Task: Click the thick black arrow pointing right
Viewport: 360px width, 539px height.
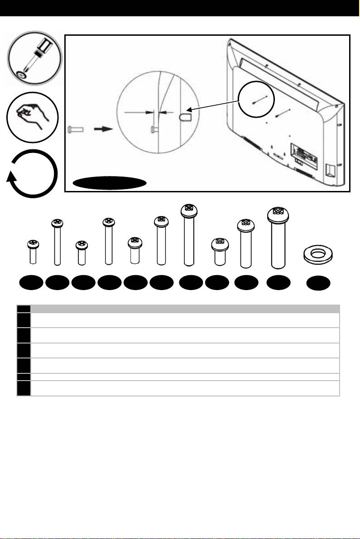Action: pyautogui.click(x=104, y=129)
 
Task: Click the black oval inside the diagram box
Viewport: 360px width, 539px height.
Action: pyautogui.click(x=110, y=183)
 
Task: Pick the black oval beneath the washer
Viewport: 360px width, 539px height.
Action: pyautogui.click(x=318, y=284)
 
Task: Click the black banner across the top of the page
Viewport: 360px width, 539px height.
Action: pyautogui.click(x=180, y=8)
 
